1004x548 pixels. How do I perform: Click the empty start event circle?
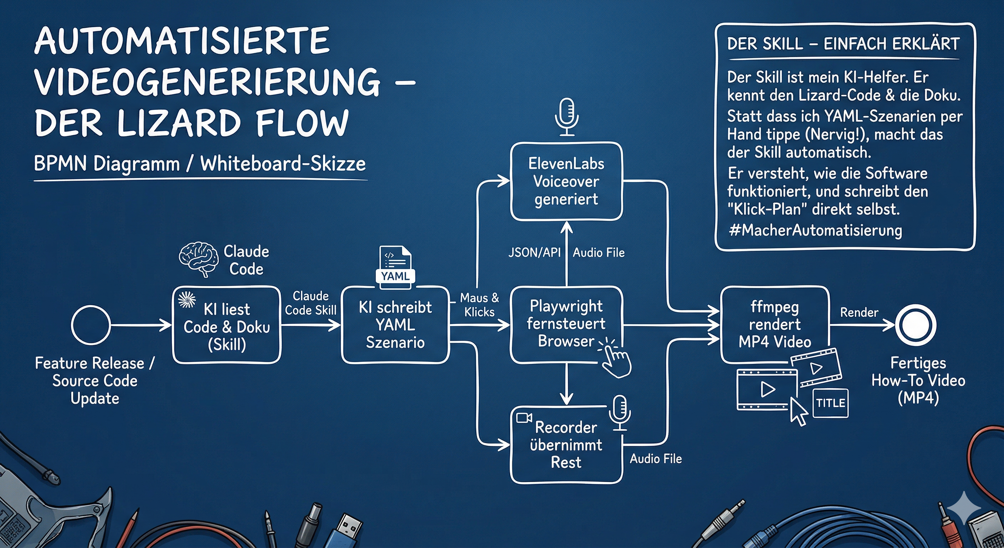coord(91,325)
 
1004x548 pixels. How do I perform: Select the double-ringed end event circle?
coord(916,325)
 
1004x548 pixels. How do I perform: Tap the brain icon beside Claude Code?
coord(198,258)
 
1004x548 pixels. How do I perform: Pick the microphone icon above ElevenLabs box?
coord(567,116)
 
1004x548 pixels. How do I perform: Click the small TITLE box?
coord(831,403)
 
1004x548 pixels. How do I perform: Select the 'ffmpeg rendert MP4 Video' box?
coord(775,325)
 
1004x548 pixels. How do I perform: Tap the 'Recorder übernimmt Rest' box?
coord(566,445)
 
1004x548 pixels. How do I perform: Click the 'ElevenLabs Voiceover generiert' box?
coord(566,181)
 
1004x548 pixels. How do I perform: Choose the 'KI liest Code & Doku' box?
coord(226,326)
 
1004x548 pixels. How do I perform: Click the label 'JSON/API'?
coord(534,252)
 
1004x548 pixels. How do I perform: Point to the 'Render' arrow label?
coord(859,312)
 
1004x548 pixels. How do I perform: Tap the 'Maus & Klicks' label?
coord(480,305)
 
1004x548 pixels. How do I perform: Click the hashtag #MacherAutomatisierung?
coord(815,230)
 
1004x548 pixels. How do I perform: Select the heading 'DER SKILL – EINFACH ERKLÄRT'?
coord(843,44)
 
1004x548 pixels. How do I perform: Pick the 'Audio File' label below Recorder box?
coord(656,458)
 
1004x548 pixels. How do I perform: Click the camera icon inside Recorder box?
coord(524,418)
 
